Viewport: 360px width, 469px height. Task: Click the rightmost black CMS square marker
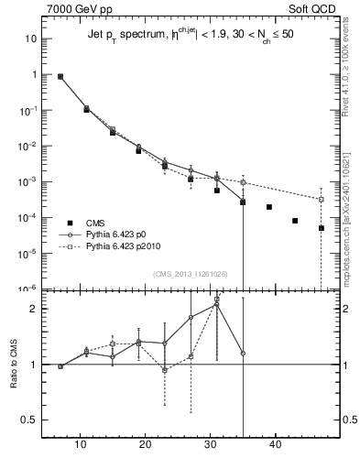pyautogui.click(x=322, y=228)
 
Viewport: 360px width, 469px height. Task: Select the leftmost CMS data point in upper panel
pyautogui.click(x=60, y=77)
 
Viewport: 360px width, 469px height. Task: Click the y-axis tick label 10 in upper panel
pyautogui.click(x=31, y=39)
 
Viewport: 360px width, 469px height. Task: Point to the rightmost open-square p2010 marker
pyautogui.click(x=322, y=200)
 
